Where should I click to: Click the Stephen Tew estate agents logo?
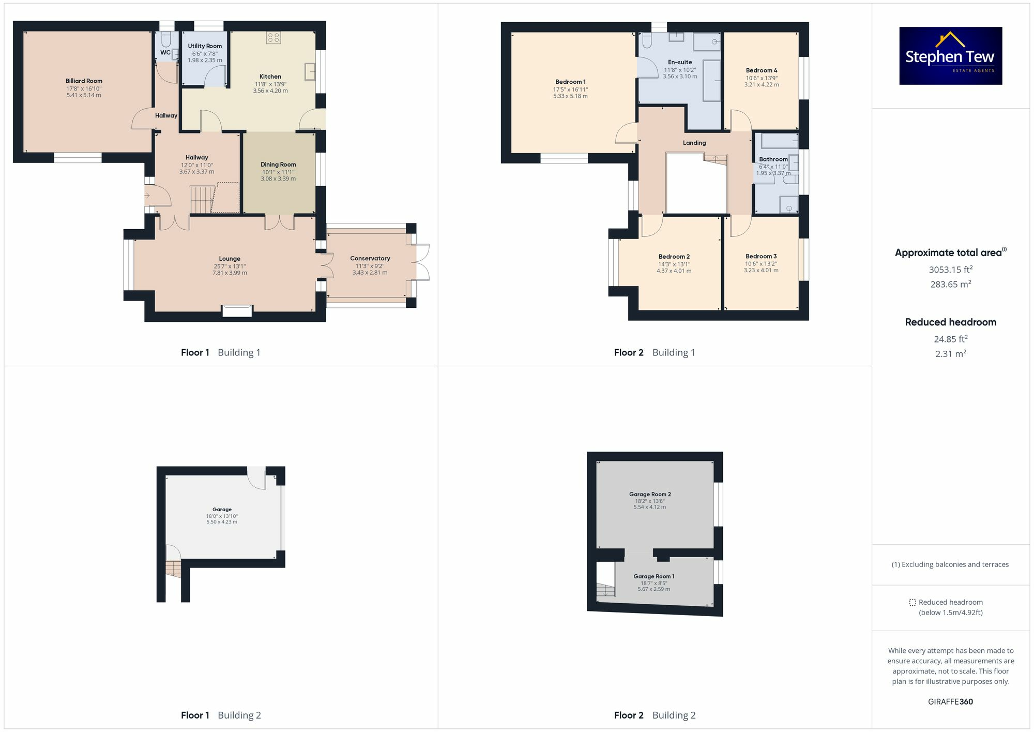950,56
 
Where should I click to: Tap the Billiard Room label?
84,81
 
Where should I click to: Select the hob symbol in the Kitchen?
273,37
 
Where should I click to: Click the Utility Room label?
205,46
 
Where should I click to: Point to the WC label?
165,52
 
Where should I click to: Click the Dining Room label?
278,165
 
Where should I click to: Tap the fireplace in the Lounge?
237,310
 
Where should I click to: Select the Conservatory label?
370,258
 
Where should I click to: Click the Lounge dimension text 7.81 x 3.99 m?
230,273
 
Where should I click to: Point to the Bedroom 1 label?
570,82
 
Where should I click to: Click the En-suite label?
680,62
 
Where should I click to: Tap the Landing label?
694,143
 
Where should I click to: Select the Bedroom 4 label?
762,70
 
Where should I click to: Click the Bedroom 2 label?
674,257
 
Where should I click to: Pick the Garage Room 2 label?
650,494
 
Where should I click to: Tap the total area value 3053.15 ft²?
950,270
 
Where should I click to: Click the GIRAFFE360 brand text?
950,701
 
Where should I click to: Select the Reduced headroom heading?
950,322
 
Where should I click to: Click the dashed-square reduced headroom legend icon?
912,602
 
